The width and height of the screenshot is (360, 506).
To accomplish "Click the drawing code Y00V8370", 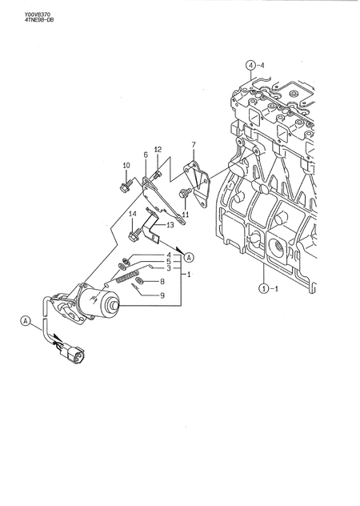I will (x=18, y=12).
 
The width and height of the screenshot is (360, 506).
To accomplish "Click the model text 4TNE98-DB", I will (x=20, y=20).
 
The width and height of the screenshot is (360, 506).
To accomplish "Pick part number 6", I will (x=145, y=155).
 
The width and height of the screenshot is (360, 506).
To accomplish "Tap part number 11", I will (x=185, y=215).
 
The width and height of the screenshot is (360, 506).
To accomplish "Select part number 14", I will (x=133, y=214).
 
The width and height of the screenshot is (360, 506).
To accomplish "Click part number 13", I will (x=170, y=225).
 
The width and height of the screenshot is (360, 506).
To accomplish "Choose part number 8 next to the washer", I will (x=162, y=282).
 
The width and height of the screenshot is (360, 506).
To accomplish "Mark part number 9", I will (x=162, y=295).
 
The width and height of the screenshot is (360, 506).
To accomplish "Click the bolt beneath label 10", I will (x=126, y=187).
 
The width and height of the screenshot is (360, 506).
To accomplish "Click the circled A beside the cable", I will (x=26, y=321).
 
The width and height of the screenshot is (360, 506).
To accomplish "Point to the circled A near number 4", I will (x=189, y=257).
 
